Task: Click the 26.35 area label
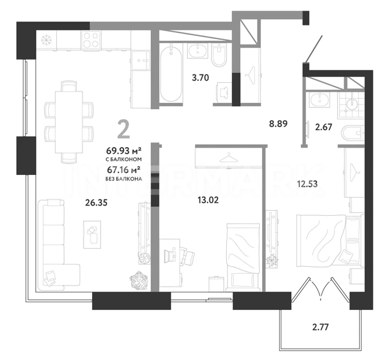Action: click(96, 203)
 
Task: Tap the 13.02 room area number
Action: click(208, 200)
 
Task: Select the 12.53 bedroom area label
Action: click(308, 184)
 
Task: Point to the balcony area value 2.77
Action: click(321, 327)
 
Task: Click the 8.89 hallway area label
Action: click(279, 123)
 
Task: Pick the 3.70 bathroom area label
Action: click(200, 78)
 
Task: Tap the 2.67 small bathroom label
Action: click(323, 127)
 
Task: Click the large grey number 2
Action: click(123, 129)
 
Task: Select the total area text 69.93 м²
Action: click(124, 150)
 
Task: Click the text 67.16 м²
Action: click(124, 170)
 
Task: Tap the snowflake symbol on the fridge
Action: click(46, 40)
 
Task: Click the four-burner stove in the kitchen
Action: click(91, 40)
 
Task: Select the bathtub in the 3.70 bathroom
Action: click(171, 72)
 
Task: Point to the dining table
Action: click(69, 122)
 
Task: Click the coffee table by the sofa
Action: click(92, 235)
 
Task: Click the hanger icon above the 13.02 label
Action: click(229, 158)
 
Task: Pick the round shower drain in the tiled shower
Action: click(351, 103)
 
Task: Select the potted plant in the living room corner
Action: click(139, 281)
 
